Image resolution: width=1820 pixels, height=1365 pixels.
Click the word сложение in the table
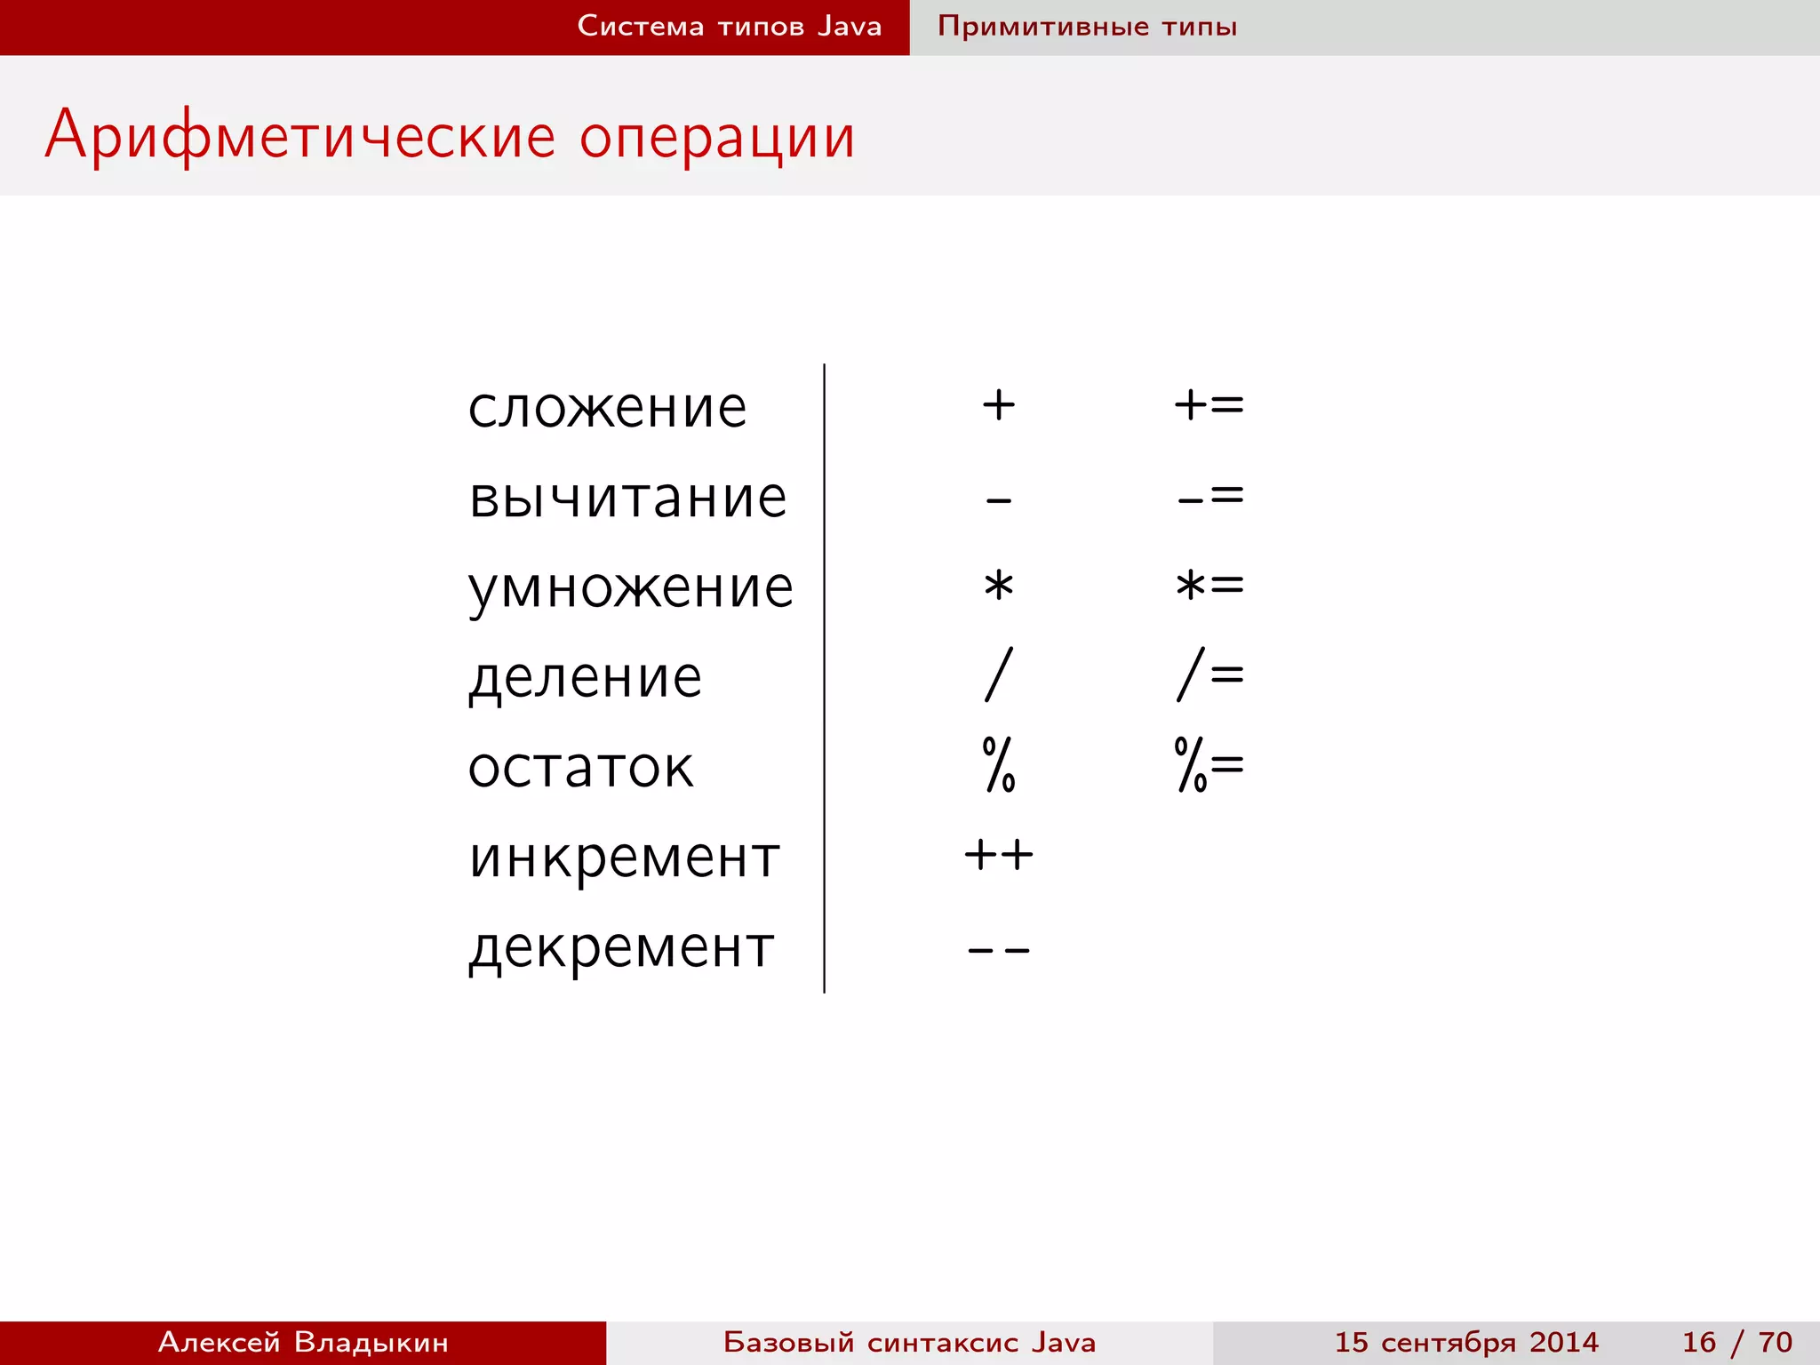607,408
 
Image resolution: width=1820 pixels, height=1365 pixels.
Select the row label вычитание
627,498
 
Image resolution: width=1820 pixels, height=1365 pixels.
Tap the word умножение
630,588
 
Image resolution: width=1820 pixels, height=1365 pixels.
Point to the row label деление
585,678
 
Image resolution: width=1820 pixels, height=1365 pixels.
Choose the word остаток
580,768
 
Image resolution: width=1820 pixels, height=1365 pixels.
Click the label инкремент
624,858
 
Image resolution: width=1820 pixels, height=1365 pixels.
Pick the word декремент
621,948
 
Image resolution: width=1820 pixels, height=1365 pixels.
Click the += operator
1209,405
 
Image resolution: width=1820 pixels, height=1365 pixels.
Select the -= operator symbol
1209,496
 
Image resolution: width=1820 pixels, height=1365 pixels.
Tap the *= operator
1209,586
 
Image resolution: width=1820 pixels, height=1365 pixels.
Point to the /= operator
1209,675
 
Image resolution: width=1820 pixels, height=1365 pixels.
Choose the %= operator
1209,764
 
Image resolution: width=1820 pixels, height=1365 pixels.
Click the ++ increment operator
999,856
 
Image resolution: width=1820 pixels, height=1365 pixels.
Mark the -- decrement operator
999,950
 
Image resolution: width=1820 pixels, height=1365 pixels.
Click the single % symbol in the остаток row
999,764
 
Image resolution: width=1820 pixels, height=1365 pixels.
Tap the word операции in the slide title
717,137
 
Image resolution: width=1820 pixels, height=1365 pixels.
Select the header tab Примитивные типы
1087,27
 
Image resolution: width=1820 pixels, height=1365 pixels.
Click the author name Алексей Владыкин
303,1342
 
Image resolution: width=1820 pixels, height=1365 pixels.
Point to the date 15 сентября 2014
1466,1342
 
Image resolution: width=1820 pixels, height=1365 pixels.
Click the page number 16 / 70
1736,1342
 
